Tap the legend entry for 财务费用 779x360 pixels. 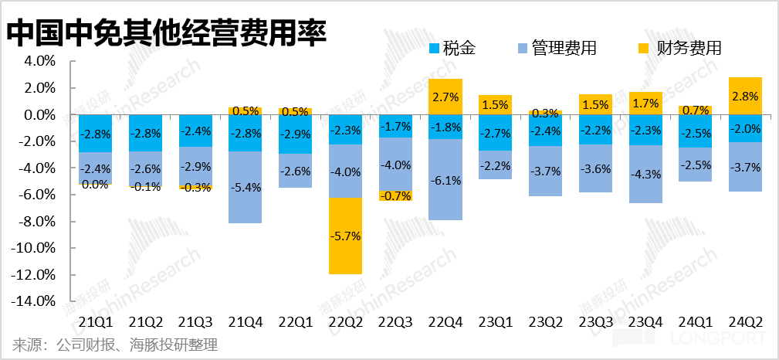point(680,49)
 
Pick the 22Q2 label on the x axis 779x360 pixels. point(345,321)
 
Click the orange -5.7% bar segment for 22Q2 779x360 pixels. point(345,236)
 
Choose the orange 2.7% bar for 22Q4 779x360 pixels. point(445,97)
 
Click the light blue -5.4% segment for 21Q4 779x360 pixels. point(245,188)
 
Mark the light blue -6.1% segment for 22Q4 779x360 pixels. point(445,180)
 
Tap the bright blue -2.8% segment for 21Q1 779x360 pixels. point(97,134)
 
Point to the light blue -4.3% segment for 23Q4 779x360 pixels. point(645,174)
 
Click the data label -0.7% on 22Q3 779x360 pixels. point(395,196)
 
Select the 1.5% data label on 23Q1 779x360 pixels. point(495,104)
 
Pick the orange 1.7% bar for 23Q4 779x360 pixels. point(645,103)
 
